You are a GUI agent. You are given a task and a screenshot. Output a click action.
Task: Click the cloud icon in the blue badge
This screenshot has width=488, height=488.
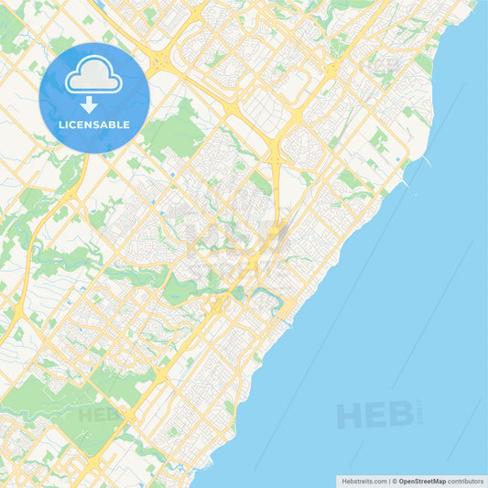(93, 76)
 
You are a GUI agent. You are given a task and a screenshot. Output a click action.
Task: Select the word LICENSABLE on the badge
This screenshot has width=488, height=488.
(94, 124)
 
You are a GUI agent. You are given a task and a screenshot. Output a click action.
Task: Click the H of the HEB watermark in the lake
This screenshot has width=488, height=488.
(349, 417)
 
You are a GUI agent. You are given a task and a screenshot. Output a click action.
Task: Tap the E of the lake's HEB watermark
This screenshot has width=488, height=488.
(375, 417)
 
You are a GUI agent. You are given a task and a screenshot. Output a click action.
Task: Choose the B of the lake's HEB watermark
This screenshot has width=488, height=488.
(400, 417)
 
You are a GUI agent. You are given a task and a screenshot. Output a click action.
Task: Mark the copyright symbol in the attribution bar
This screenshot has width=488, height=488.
(394, 481)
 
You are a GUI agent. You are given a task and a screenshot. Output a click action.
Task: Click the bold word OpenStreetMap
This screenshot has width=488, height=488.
(422, 481)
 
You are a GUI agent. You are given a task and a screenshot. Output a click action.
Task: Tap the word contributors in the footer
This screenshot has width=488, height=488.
(465, 481)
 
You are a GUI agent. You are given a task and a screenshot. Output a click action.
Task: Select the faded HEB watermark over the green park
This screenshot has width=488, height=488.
(98, 415)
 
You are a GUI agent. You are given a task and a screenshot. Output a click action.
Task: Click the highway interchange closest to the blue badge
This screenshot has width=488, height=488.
(159, 63)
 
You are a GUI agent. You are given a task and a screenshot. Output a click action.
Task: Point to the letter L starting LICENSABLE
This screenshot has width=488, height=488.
(61, 124)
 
